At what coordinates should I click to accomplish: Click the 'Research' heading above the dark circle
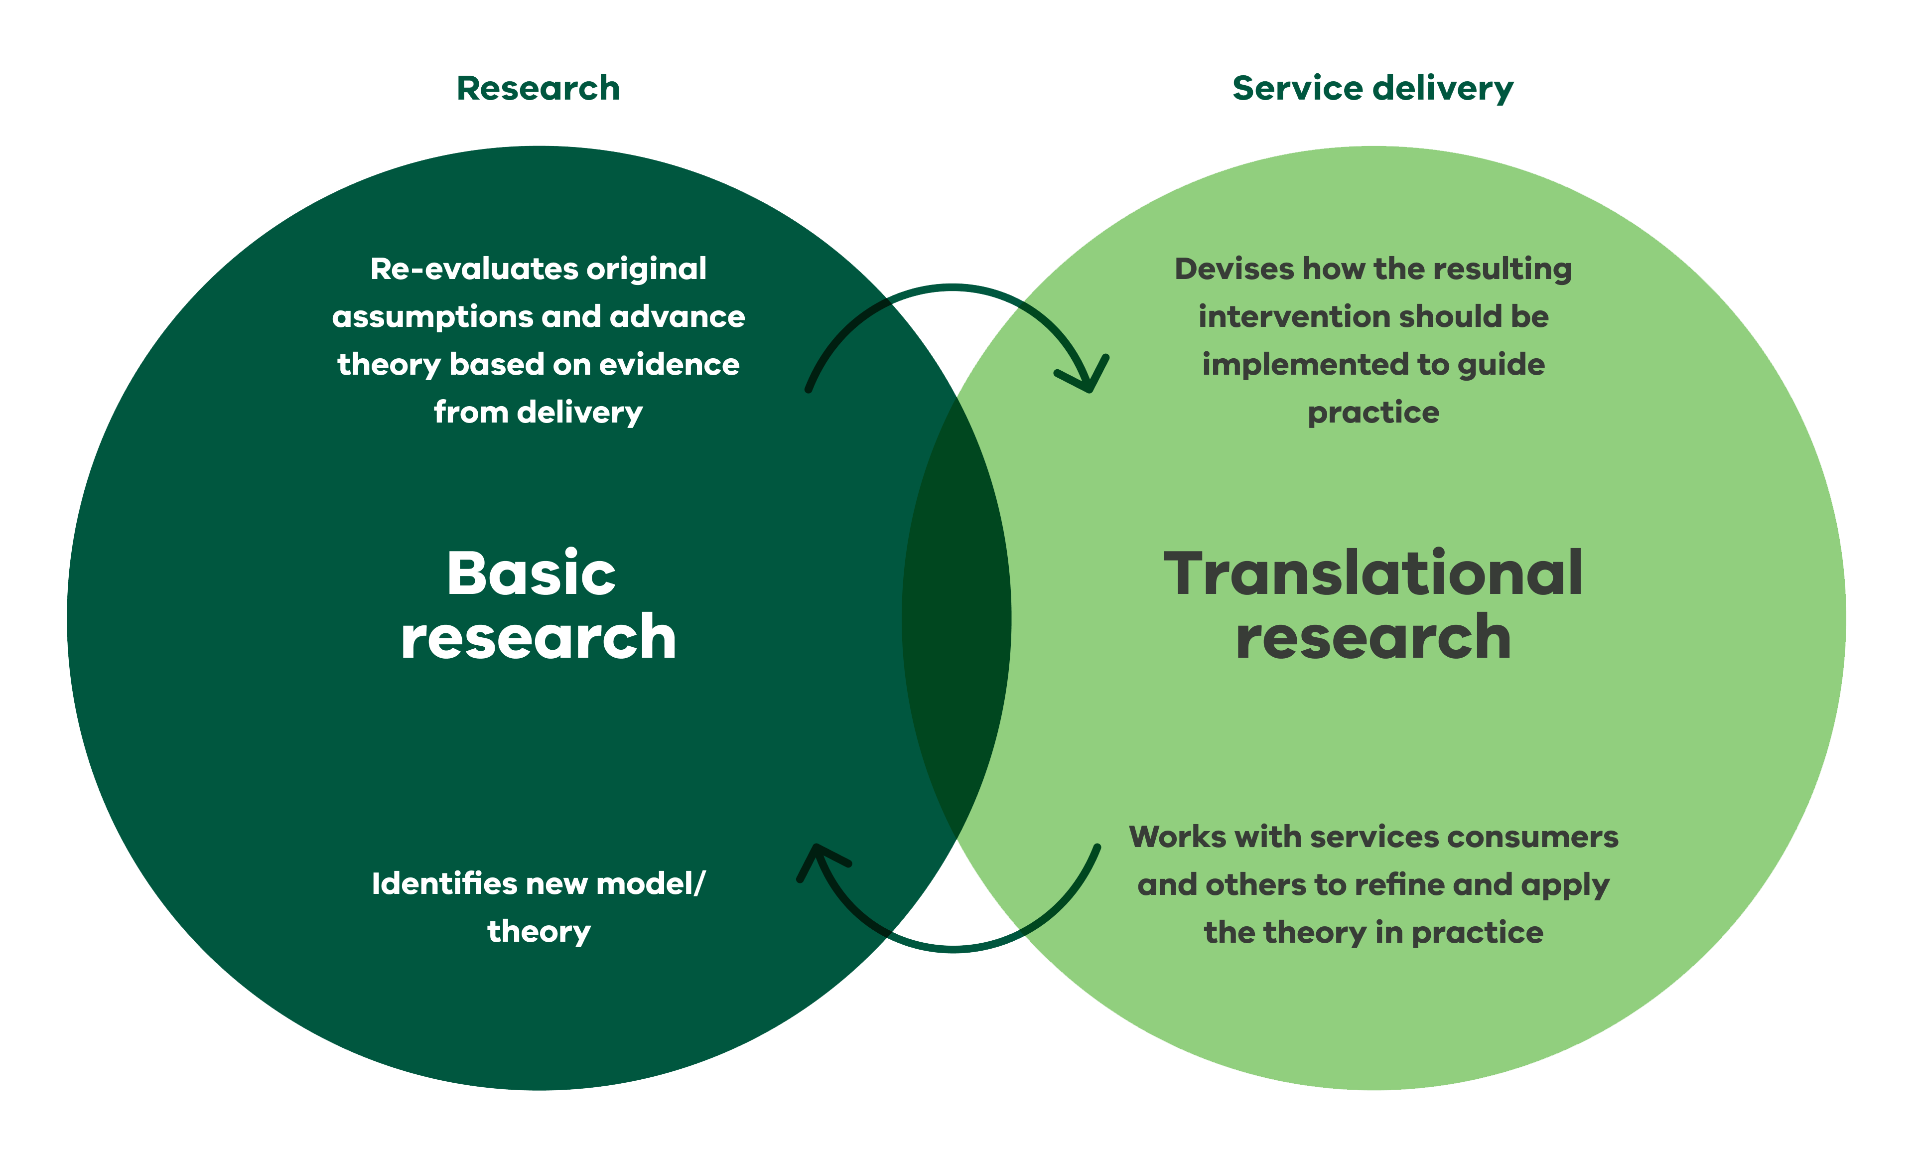click(x=538, y=88)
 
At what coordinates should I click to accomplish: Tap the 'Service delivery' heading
click(x=1372, y=88)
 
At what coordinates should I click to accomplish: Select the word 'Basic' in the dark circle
click(x=531, y=574)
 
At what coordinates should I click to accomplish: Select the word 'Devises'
click(x=1233, y=269)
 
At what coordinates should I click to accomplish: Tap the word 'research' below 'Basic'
click(x=538, y=638)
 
